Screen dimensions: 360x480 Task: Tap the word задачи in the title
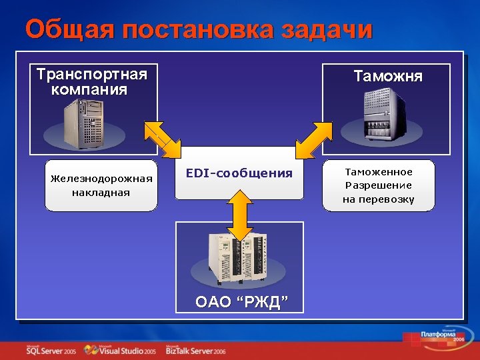pyautogui.click(x=327, y=31)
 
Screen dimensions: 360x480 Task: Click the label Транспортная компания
pyautogui.click(x=91, y=81)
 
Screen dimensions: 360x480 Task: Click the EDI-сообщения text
pyautogui.click(x=239, y=173)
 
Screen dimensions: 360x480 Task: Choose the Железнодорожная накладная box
pyautogui.click(x=101, y=185)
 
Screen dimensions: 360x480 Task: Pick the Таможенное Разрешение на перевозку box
pyautogui.click(x=378, y=185)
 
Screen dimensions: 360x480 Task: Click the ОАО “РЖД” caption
pyautogui.click(x=241, y=302)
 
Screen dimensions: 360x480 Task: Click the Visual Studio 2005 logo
pyautogui.click(x=126, y=350)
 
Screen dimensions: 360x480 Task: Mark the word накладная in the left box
pyautogui.click(x=101, y=193)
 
